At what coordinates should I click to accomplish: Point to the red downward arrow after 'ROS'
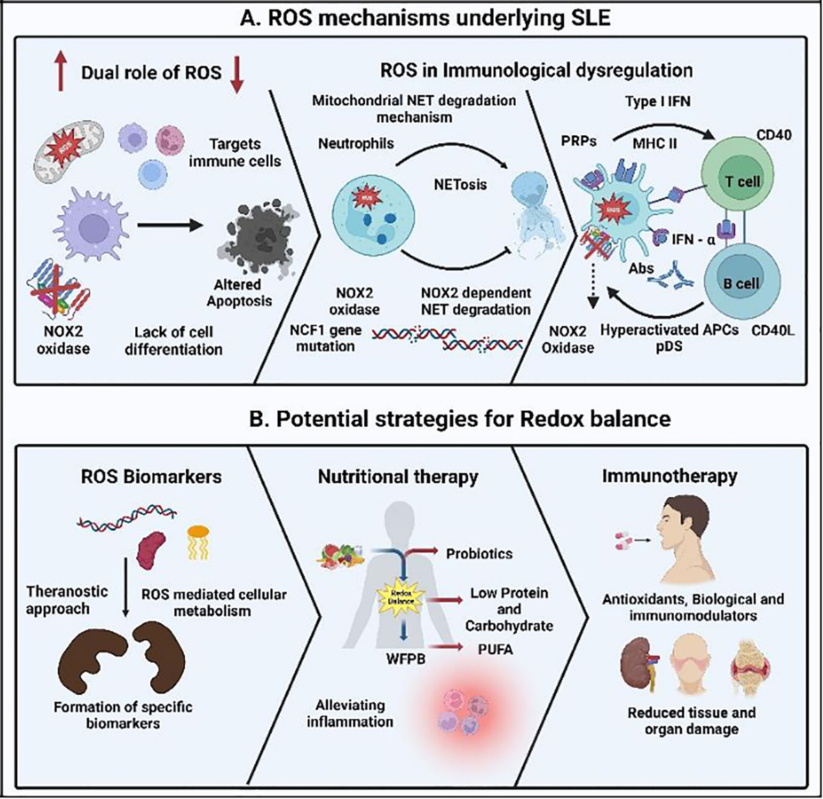pyautogui.click(x=237, y=73)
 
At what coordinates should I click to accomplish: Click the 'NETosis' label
pyautogui.click(x=460, y=184)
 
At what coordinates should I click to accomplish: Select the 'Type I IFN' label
pyautogui.click(x=657, y=102)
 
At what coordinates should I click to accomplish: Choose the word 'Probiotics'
pyautogui.click(x=479, y=553)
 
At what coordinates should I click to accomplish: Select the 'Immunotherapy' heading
pyautogui.click(x=669, y=476)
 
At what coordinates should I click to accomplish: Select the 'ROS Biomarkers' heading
pyautogui.click(x=151, y=477)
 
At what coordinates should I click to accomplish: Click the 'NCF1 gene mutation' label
pyautogui.click(x=325, y=337)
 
